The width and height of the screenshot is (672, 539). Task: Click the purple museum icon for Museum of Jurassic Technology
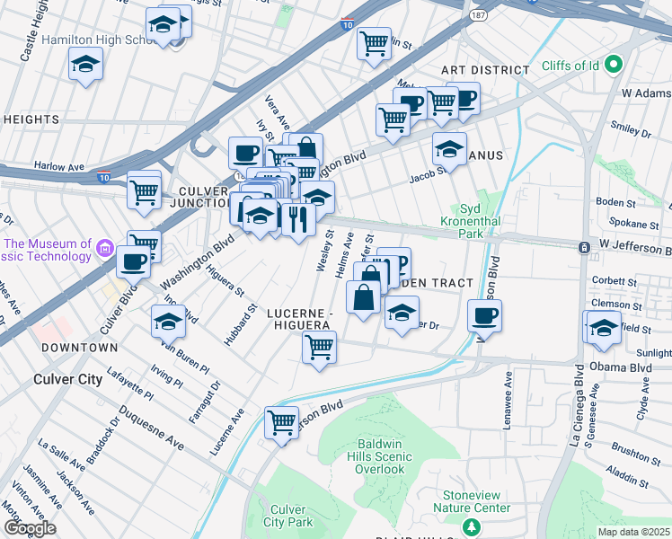(103, 248)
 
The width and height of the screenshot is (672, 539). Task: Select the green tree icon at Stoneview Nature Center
(468, 526)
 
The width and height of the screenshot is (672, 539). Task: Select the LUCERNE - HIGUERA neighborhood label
(300, 319)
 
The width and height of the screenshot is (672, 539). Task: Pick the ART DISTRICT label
(484, 70)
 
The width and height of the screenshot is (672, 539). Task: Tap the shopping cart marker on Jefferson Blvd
(281, 421)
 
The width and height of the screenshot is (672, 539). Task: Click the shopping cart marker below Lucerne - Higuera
(319, 347)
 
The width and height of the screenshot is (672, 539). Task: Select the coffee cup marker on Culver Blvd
(134, 261)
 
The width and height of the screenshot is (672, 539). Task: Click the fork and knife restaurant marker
(298, 218)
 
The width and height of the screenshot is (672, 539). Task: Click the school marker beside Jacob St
(449, 147)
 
